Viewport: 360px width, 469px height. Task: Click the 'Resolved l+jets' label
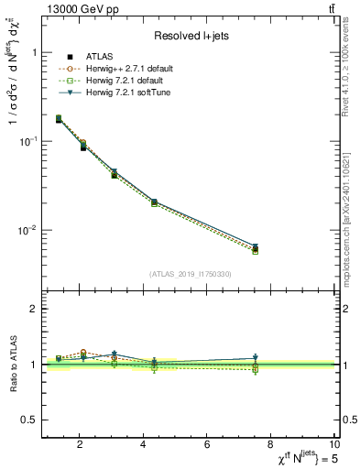point(190,35)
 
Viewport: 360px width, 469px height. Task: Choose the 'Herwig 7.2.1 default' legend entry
point(125,81)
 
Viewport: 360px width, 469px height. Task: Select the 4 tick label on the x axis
point(144,444)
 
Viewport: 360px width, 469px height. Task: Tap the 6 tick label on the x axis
point(208,444)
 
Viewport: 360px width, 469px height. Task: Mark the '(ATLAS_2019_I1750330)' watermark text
point(190,273)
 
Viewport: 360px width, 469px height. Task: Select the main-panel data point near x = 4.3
point(154,202)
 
